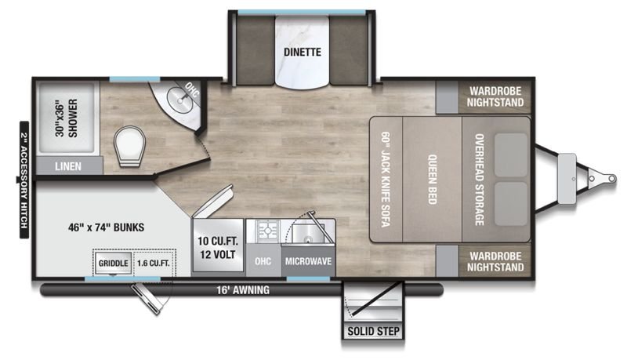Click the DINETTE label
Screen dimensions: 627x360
(x=303, y=52)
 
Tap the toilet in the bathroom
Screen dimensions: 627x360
(x=129, y=146)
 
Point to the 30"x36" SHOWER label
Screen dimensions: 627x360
(x=67, y=118)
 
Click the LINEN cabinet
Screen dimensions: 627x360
(x=69, y=165)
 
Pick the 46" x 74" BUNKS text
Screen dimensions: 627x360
(x=106, y=227)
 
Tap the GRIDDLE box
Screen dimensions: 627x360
(x=113, y=263)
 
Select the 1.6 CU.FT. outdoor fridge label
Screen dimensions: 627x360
(x=153, y=264)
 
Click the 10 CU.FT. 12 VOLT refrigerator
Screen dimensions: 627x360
(x=218, y=245)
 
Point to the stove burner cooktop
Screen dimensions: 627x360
(x=266, y=231)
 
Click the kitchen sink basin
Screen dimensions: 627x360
(x=308, y=233)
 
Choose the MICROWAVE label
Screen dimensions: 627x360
(x=308, y=261)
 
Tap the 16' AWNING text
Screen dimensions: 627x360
(x=243, y=289)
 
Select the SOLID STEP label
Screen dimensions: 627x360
(x=374, y=331)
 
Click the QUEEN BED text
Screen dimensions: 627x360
(x=433, y=179)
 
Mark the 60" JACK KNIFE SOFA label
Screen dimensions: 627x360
(x=386, y=179)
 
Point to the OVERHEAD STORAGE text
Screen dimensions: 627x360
(x=479, y=179)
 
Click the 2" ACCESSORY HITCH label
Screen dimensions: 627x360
(x=24, y=180)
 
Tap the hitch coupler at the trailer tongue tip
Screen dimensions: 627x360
(x=611, y=177)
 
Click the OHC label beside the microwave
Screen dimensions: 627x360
(x=263, y=261)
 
